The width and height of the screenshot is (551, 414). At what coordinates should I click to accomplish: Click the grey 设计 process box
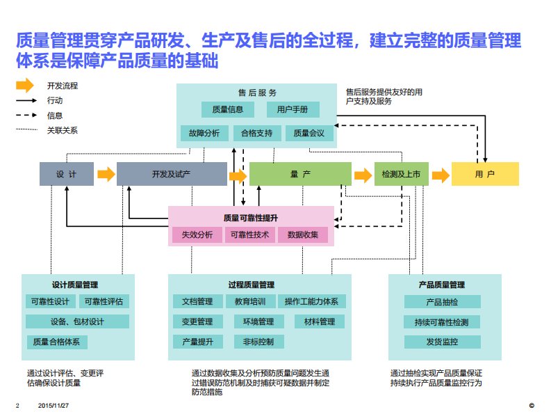(x=66, y=173)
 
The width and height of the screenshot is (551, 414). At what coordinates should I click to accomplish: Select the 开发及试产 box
(x=171, y=173)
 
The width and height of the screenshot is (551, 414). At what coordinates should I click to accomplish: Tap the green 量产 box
(x=299, y=173)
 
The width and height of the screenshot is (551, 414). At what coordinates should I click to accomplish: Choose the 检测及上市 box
(x=402, y=173)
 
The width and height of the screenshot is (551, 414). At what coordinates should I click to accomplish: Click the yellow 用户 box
(x=485, y=173)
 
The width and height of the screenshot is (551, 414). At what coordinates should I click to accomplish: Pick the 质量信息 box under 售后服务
(x=227, y=109)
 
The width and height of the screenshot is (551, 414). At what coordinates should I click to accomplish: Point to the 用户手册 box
(x=293, y=109)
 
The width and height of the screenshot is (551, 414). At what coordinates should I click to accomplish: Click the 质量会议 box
(x=309, y=133)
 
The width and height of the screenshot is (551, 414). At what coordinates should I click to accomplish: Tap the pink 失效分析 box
(x=197, y=234)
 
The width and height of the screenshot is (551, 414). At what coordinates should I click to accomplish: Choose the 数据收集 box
(x=303, y=234)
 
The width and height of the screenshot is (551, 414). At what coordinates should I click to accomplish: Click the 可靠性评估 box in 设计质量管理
(x=104, y=301)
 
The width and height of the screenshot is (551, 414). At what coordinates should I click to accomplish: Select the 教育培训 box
(x=249, y=301)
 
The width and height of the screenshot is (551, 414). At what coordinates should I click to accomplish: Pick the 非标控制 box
(x=249, y=342)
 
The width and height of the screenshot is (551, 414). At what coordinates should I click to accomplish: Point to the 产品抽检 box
(x=442, y=301)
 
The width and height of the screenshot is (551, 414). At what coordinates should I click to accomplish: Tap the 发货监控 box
(x=442, y=342)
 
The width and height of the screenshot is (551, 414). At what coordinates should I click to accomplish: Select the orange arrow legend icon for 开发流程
(x=25, y=86)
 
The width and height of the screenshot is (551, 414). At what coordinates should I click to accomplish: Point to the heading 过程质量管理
(x=251, y=285)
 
